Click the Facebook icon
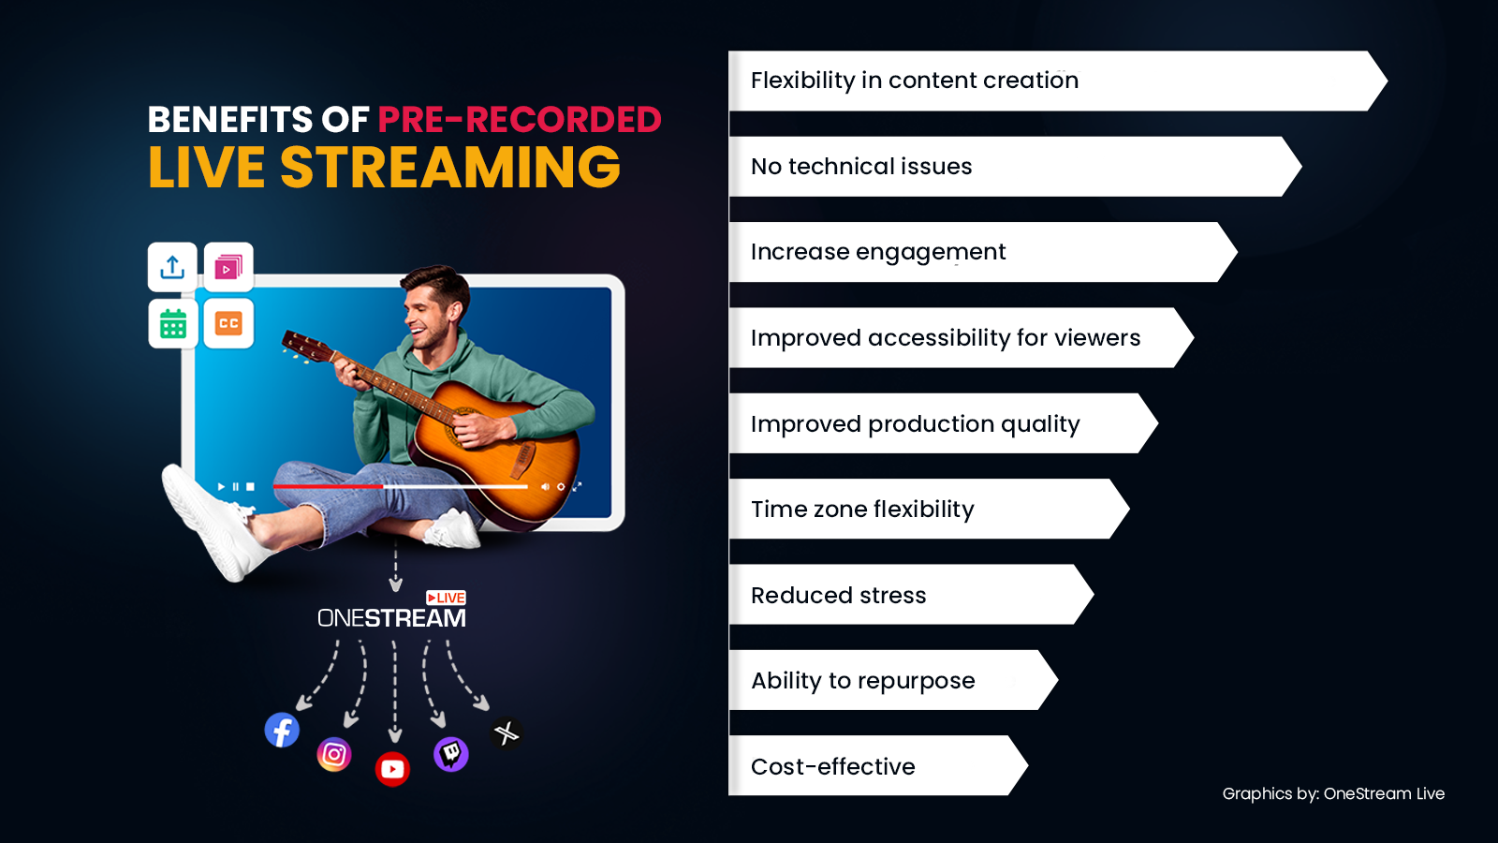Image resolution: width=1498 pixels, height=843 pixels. pyautogui.click(x=282, y=730)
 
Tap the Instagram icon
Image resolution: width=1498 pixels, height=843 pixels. pyautogui.click(x=333, y=755)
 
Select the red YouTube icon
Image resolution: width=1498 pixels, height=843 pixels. pyautogui.click(x=392, y=769)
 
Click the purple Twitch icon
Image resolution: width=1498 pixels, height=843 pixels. pyautogui.click(x=450, y=755)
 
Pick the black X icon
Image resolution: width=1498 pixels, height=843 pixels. pyautogui.click(x=507, y=733)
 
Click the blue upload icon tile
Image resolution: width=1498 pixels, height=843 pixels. pyautogui.click(x=172, y=267)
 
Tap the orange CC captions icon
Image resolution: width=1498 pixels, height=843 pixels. pyautogui.click(x=228, y=324)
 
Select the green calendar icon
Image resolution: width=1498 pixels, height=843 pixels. pyautogui.click(x=172, y=324)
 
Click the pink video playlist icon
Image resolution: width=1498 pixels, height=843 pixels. pyautogui.click(x=228, y=267)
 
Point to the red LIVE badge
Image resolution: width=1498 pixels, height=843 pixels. pyautogui.click(x=446, y=598)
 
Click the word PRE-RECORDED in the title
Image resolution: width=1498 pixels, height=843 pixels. pyautogui.click(x=520, y=120)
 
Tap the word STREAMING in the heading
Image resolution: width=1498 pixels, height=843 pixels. pyautogui.click(x=450, y=168)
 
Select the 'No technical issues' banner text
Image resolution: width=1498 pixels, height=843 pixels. pyautogui.click(x=861, y=166)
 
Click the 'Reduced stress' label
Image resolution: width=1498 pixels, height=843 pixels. pyautogui.click(x=839, y=595)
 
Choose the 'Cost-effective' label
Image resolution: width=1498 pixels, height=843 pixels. pyautogui.click(x=833, y=766)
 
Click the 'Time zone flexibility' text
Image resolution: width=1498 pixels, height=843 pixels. pyautogui.click(x=862, y=510)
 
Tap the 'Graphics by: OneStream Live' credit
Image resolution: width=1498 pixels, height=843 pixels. pyautogui.click(x=1333, y=793)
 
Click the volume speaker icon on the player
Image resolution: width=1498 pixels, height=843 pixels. pyautogui.click(x=545, y=486)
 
